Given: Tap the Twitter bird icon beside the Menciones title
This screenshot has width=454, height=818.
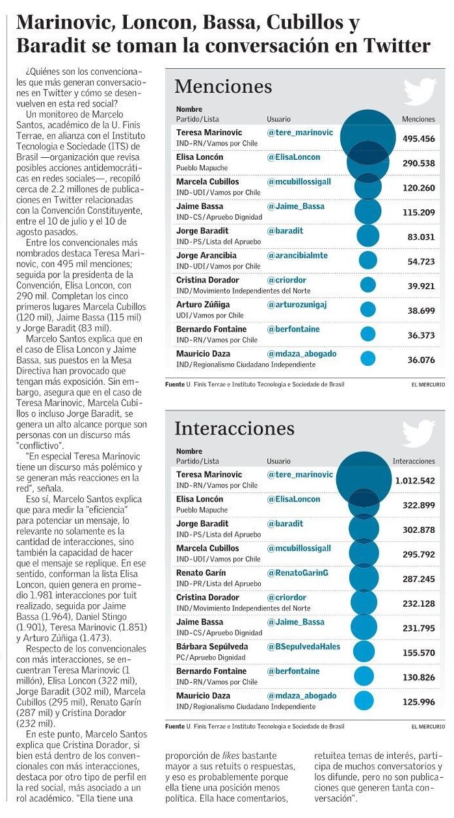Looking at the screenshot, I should pos(420,92).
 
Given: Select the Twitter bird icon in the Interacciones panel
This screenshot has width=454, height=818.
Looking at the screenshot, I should pos(420,434).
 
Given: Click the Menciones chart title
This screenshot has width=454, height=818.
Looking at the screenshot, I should pos(223,87).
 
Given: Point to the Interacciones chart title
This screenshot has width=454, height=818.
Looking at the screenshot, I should pos(234,429).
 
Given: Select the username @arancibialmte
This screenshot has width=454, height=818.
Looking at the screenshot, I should pos(297,255).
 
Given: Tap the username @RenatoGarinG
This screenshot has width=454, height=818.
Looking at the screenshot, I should pos(298,573).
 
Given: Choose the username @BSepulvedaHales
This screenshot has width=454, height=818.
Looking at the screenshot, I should pos(304,647).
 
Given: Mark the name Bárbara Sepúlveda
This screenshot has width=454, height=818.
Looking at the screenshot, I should pos(211,647).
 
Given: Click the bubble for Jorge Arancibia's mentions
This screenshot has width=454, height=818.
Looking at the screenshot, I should pos(368,261).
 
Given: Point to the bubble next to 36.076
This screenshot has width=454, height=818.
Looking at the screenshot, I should pos(368,359).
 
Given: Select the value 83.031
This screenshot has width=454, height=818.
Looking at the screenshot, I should pos(421,237).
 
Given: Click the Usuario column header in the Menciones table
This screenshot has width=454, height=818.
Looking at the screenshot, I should pos(278,120).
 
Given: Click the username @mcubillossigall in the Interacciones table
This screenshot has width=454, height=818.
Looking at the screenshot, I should pos(299,548).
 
